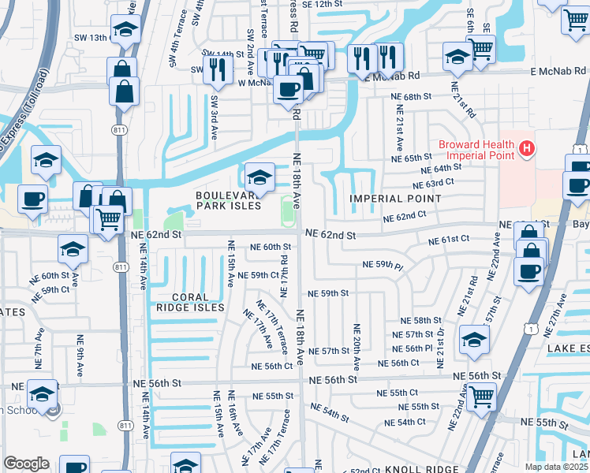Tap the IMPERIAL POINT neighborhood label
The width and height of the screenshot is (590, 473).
(396, 199)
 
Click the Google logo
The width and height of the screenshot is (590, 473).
(26, 464)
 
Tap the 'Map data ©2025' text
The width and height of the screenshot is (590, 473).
(557, 467)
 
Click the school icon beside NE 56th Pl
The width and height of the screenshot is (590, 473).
(475, 338)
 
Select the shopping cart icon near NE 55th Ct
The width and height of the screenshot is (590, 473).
(480, 397)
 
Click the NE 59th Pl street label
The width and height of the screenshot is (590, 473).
(383, 264)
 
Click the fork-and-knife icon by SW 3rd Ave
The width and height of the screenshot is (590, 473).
(215, 69)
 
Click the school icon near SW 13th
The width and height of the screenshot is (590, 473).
(124, 30)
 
